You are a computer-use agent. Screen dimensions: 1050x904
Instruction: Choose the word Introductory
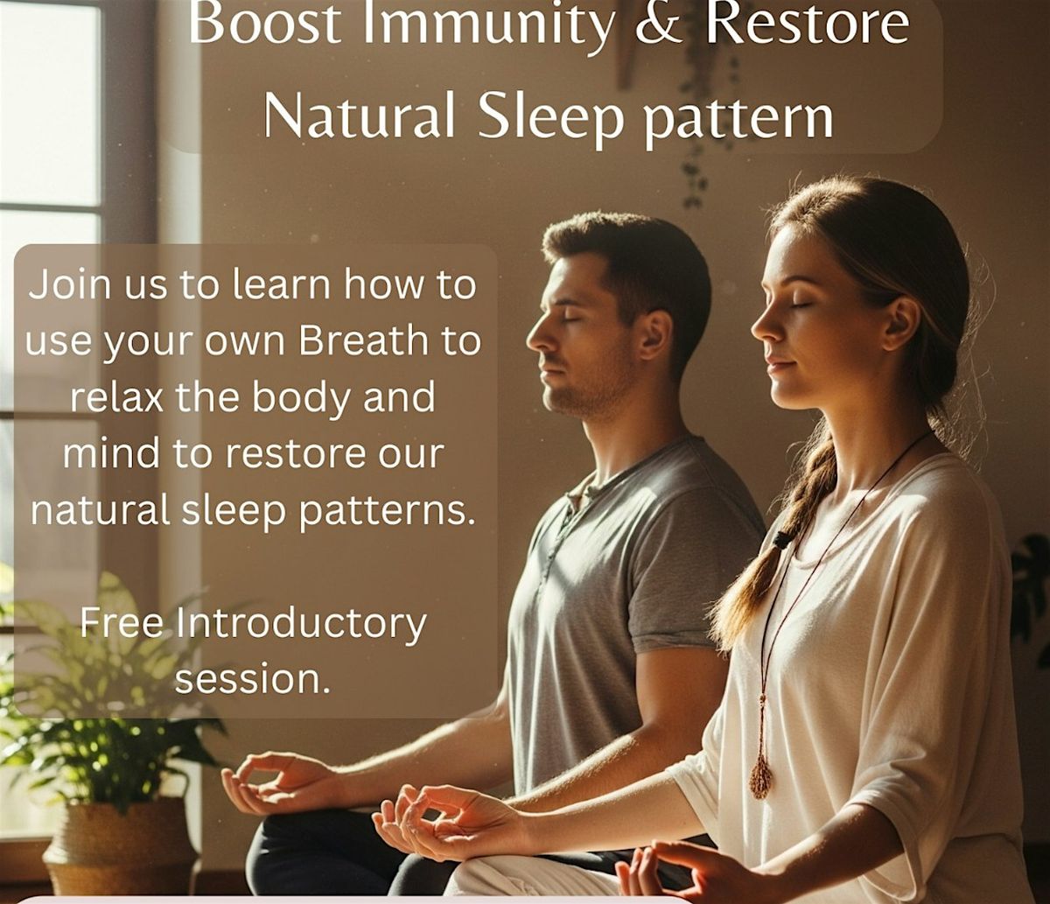(x=301, y=625)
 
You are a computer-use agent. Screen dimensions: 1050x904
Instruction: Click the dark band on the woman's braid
(x=783, y=539)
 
